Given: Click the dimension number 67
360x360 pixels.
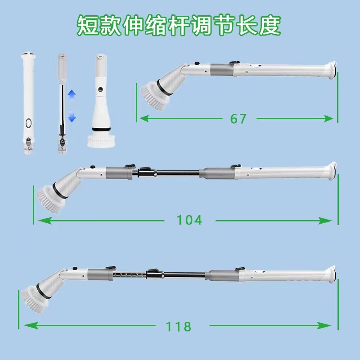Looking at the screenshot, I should tap(238, 118).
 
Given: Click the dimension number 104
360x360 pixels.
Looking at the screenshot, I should tap(189, 220).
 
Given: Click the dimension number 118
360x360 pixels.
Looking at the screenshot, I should tap(178, 325).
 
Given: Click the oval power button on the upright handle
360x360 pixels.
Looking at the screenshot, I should tap(28, 123).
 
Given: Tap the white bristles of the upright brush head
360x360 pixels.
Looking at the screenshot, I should tap(100, 141).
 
